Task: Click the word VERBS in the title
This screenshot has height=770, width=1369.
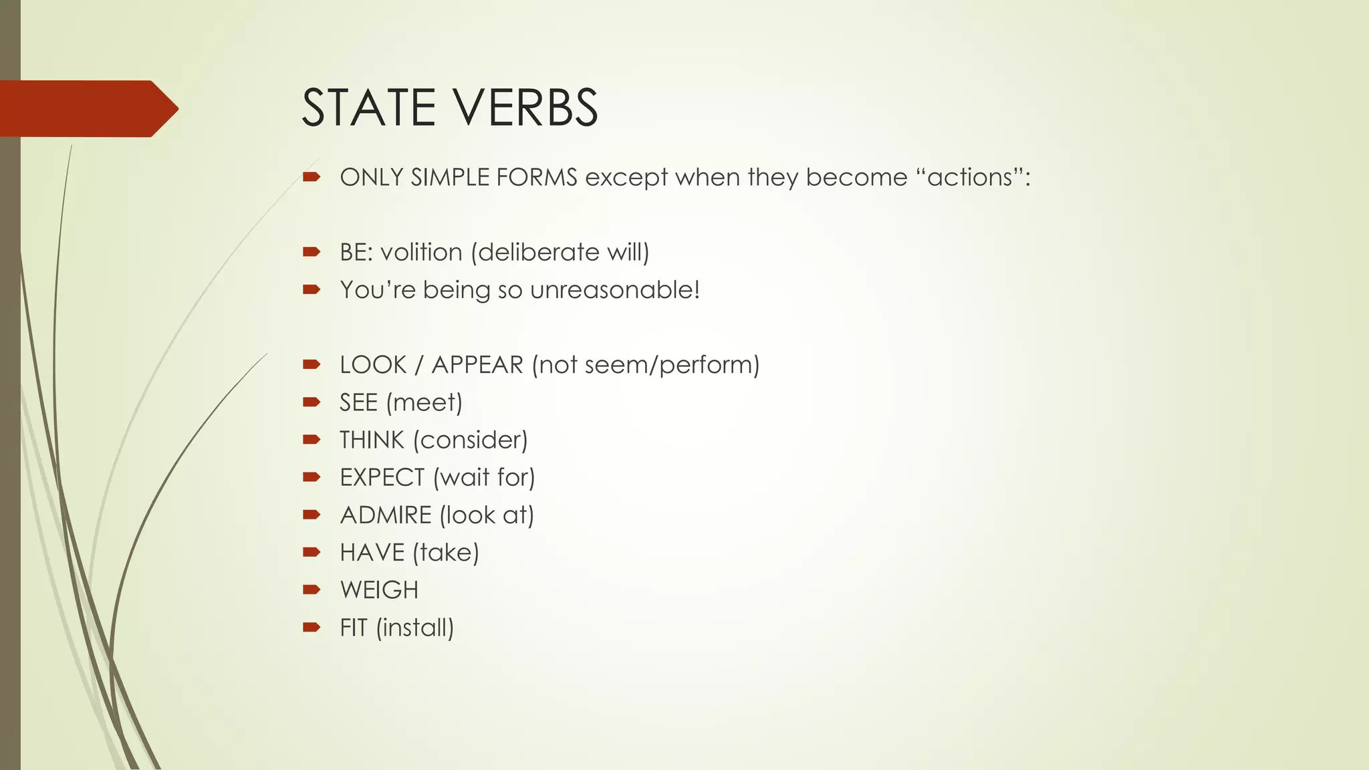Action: point(527,108)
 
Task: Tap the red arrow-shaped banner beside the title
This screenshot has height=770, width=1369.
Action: point(87,108)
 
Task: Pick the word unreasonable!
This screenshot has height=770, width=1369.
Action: point(615,290)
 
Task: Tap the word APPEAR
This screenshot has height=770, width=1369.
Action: point(477,365)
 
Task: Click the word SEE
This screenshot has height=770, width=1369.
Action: point(358,403)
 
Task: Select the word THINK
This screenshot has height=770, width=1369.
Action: point(372,440)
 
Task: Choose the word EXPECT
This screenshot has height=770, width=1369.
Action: point(382,478)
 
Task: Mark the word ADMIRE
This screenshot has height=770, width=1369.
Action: point(386,515)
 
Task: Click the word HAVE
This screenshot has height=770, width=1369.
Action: point(372,553)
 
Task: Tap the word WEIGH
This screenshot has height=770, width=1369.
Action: point(379,590)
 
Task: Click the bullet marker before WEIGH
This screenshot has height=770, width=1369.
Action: point(312,590)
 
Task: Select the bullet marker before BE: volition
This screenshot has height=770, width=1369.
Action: point(312,252)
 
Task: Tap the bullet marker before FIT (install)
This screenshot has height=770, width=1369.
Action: point(312,627)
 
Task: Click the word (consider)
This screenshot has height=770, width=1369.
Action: point(471,440)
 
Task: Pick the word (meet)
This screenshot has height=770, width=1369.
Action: point(424,403)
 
